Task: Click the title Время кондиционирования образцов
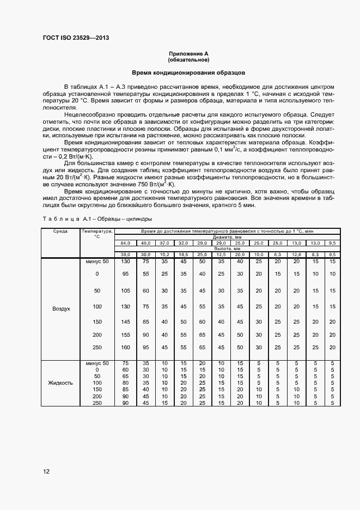tap(188, 72)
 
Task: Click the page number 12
tap(46, 471)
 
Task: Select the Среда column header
tap(60, 232)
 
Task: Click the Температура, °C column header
tap(97, 234)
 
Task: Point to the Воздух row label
tap(61, 308)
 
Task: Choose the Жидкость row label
tap(61, 382)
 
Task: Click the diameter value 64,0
tap(126, 243)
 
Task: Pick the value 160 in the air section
tap(126, 347)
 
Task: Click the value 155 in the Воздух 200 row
tap(126, 334)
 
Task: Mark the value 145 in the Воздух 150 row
tap(126, 321)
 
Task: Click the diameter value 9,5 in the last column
tap(332, 243)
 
